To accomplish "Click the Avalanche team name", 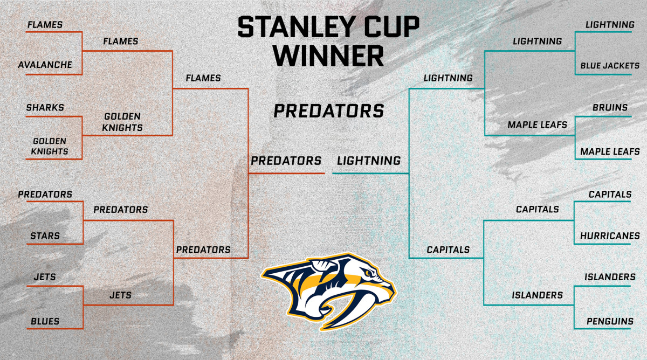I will tap(45, 65).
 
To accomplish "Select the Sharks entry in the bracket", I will tap(45, 107).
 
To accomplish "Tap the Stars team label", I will tap(45, 236).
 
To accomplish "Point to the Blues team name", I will tap(45, 321).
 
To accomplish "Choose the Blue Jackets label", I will tap(610, 66).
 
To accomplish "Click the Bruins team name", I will tap(610, 107).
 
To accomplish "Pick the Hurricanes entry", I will tap(610, 236).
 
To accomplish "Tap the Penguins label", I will tap(610, 322).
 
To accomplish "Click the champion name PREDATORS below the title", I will tap(329, 111).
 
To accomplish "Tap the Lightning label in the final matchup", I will tap(369, 161).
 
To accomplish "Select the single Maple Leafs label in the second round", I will tap(537, 124).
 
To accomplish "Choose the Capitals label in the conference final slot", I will tap(448, 250).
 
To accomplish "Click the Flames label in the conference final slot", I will tap(203, 78).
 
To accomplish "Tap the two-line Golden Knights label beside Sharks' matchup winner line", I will tap(123, 122).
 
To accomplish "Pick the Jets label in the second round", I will tap(120, 295).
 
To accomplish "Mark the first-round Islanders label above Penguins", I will tap(610, 277).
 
